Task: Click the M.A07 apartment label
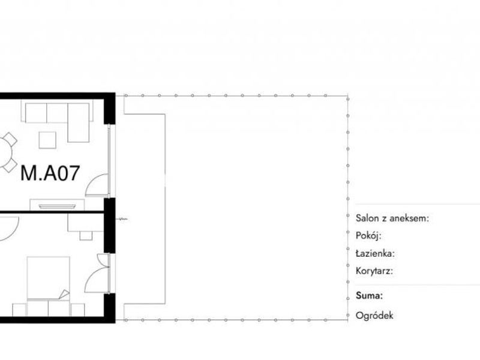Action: [50, 173]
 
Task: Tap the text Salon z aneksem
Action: [392, 218]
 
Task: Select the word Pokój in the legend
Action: [368, 236]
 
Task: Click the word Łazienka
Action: [375, 253]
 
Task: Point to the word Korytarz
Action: [374, 271]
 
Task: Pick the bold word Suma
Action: [369, 296]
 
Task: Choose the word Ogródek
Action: [374, 316]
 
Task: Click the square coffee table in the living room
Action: [47, 140]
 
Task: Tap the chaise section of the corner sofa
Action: [79, 123]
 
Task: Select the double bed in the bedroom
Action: [49, 278]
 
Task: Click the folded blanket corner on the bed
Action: [64, 294]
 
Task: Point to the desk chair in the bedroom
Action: [86, 235]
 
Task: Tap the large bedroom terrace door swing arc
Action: [92, 275]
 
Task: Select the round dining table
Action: [5, 152]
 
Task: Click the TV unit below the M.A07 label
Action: [57, 205]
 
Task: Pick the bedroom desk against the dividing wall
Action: [86, 223]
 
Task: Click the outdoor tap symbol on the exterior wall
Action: [122, 219]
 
